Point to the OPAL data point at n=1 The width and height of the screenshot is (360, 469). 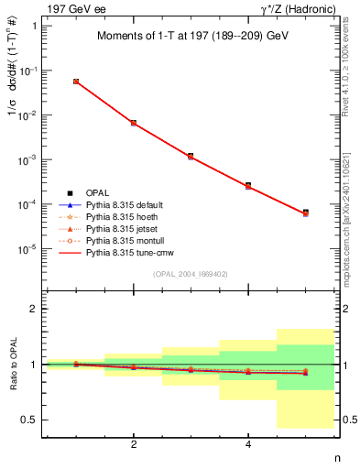pos(76,82)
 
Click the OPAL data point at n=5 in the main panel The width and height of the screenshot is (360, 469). pos(306,213)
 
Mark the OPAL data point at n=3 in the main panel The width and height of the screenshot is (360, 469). pos(191,156)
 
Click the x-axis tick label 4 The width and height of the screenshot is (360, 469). pos(248,444)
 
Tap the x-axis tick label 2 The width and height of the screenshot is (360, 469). pos(134,444)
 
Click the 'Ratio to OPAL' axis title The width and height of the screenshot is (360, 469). pos(13,365)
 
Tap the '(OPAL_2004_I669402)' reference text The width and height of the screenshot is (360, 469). pos(191,273)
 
